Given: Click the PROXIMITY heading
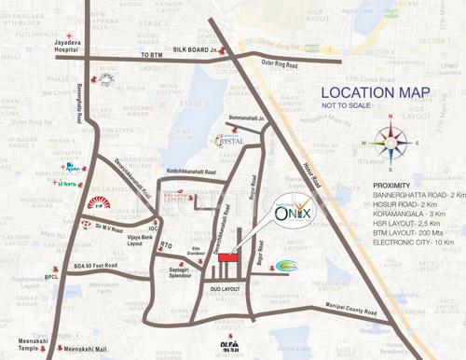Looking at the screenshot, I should (391, 184).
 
